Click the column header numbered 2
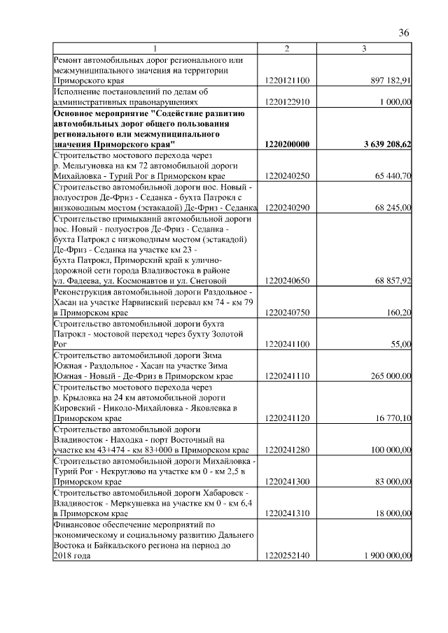(x=287, y=48)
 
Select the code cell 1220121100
(x=287, y=81)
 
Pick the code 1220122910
(x=287, y=102)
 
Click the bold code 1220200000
(x=287, y=144)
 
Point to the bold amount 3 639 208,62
(x=383, y=144)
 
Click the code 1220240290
(x=287, y=208)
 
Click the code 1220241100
(x=287, y=345)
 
